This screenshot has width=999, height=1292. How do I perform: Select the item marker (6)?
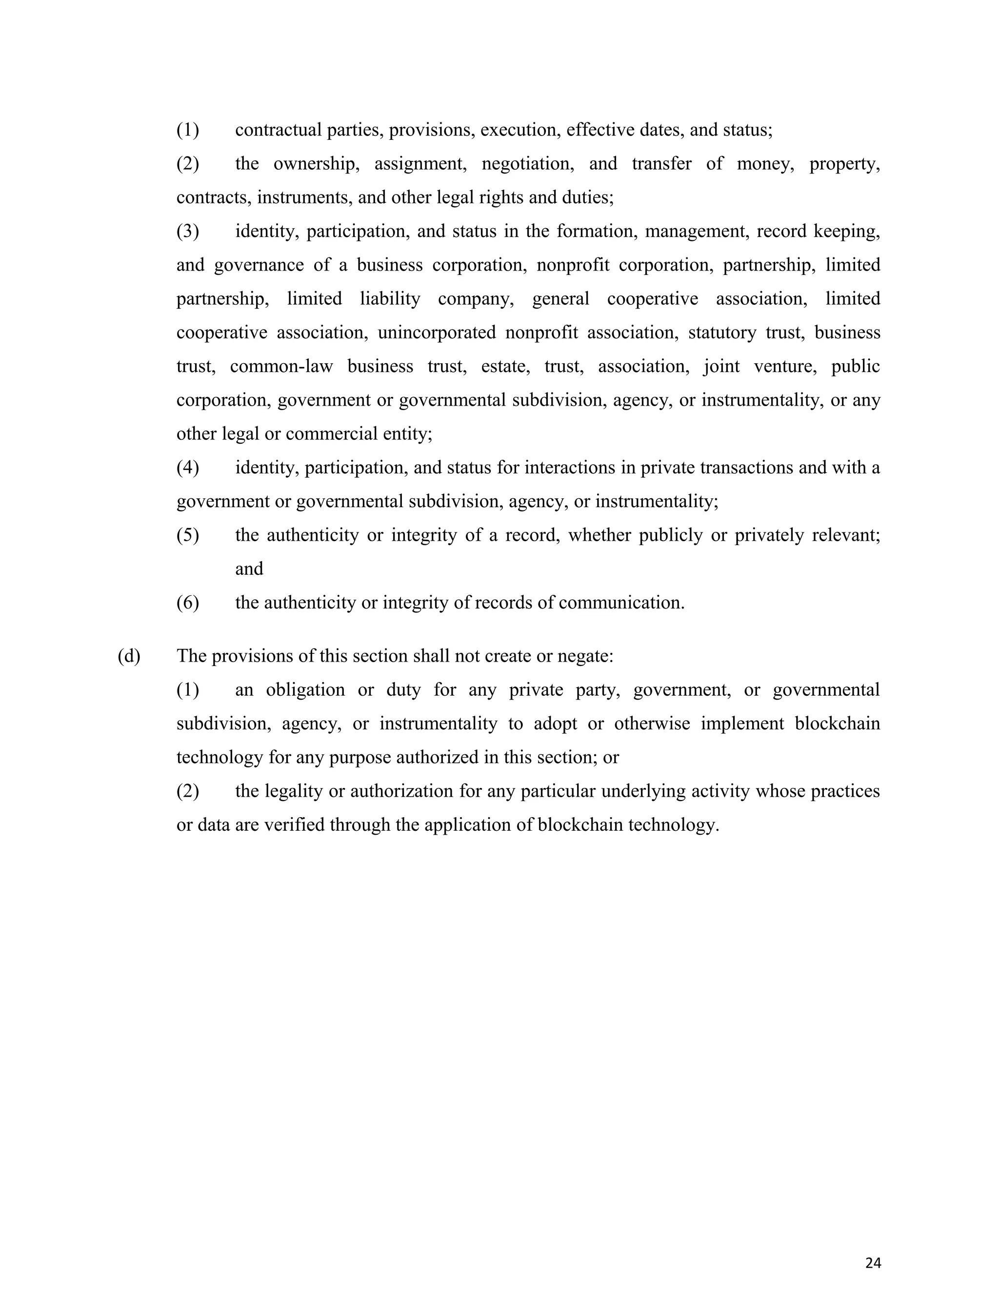[188, 603]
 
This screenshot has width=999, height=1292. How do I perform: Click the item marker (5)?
[188, 535]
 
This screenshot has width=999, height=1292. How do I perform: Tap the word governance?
[259, 265]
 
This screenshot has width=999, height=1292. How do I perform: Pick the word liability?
[390, 299]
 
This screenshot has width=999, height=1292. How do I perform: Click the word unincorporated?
[437, 333]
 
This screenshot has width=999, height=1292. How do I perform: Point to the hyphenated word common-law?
[281, 367]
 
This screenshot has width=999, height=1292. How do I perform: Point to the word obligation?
[305, 690]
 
